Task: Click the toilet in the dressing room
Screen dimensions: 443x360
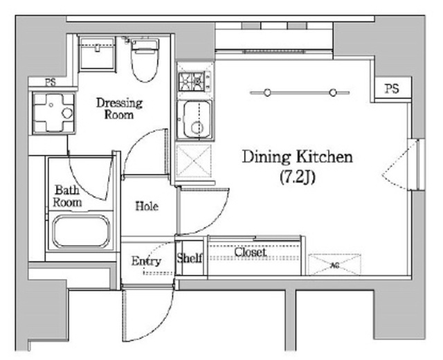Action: (145, 60)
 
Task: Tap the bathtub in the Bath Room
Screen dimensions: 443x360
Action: (82, 231)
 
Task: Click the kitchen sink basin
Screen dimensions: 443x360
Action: (195, 120)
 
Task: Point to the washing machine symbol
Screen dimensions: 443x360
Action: (54, 113)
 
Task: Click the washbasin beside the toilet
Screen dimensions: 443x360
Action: (97, 53)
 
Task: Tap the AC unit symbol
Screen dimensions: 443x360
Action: (334, 264)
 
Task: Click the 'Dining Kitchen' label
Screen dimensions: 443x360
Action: (298, 157)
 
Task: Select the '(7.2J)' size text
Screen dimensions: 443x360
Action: (298, 177)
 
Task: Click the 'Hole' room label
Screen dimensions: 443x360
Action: (147, 206)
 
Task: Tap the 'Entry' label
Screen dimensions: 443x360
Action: (146, 262)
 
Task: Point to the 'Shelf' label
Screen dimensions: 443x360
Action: (190, 258)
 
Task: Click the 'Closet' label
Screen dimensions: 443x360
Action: (251, 252)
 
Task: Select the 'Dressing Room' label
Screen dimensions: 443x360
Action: (119, 109)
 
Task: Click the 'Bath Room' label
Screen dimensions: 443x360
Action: (67, 196)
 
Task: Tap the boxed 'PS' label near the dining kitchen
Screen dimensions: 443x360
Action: (392, 89)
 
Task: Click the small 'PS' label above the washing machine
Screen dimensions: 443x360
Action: (51, 82)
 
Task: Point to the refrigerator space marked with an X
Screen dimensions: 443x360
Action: (194, 161)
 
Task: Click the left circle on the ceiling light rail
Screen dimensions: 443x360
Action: (267, 92)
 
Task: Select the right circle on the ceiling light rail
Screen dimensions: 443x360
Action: (334, 92)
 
